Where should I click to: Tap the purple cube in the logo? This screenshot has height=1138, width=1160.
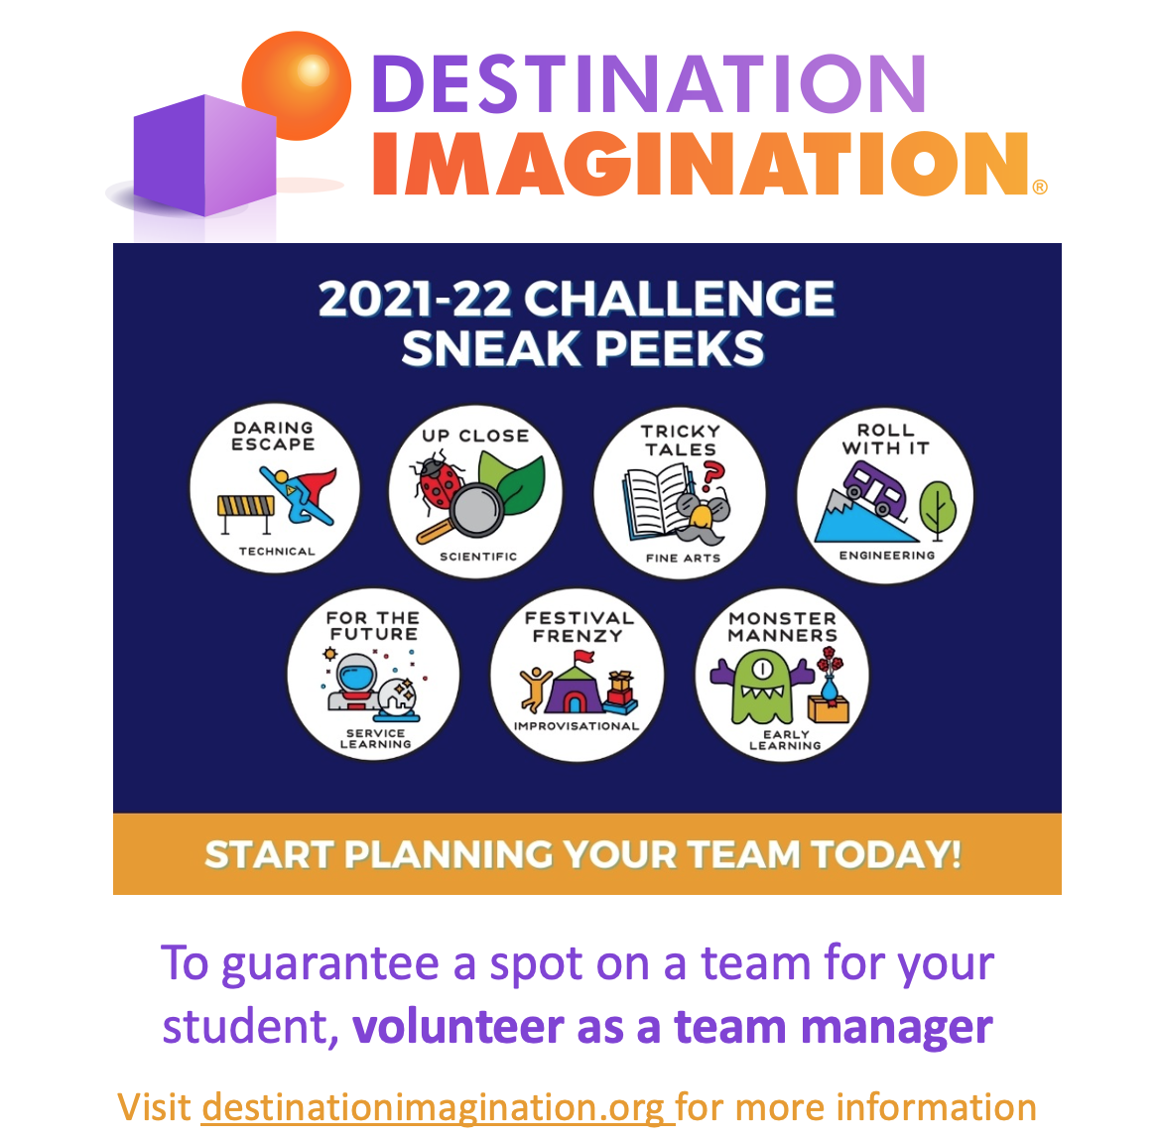(206, 156)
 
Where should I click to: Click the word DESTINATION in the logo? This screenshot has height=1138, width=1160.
(649, 85)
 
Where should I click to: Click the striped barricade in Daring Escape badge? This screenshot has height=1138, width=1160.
(245, 508)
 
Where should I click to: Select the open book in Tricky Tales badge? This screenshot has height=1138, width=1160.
(655, 500)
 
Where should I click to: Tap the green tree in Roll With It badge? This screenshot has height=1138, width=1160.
(936, 506)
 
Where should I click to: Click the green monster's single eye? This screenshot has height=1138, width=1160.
(760, 669)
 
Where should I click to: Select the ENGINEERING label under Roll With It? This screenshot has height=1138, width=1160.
(886, 556)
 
